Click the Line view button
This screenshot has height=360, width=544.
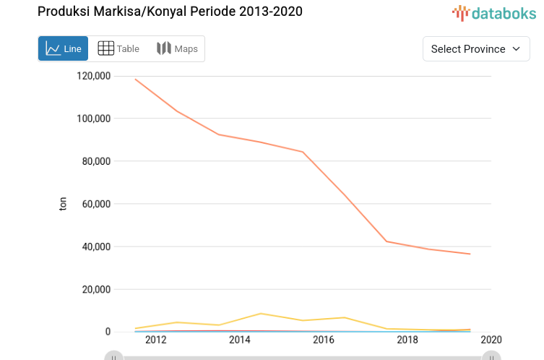point(63,49)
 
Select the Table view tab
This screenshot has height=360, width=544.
point(118,49)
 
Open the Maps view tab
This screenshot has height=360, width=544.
point(177,49)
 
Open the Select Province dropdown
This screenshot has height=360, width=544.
point(475,49)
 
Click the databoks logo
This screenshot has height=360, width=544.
point(494,12)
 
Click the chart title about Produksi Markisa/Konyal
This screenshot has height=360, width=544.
point(170,12)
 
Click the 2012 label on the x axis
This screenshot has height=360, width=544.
point(156,340)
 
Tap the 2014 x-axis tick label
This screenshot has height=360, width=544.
point(240,340)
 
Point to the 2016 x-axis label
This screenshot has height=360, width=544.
point(324,340)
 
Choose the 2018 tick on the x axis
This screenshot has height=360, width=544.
point(407,340)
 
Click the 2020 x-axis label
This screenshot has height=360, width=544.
point(491,340)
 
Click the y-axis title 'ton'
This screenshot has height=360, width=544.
point(64,205)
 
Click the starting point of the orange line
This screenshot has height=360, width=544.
point(135,79)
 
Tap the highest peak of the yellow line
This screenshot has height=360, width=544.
point(261,314)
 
